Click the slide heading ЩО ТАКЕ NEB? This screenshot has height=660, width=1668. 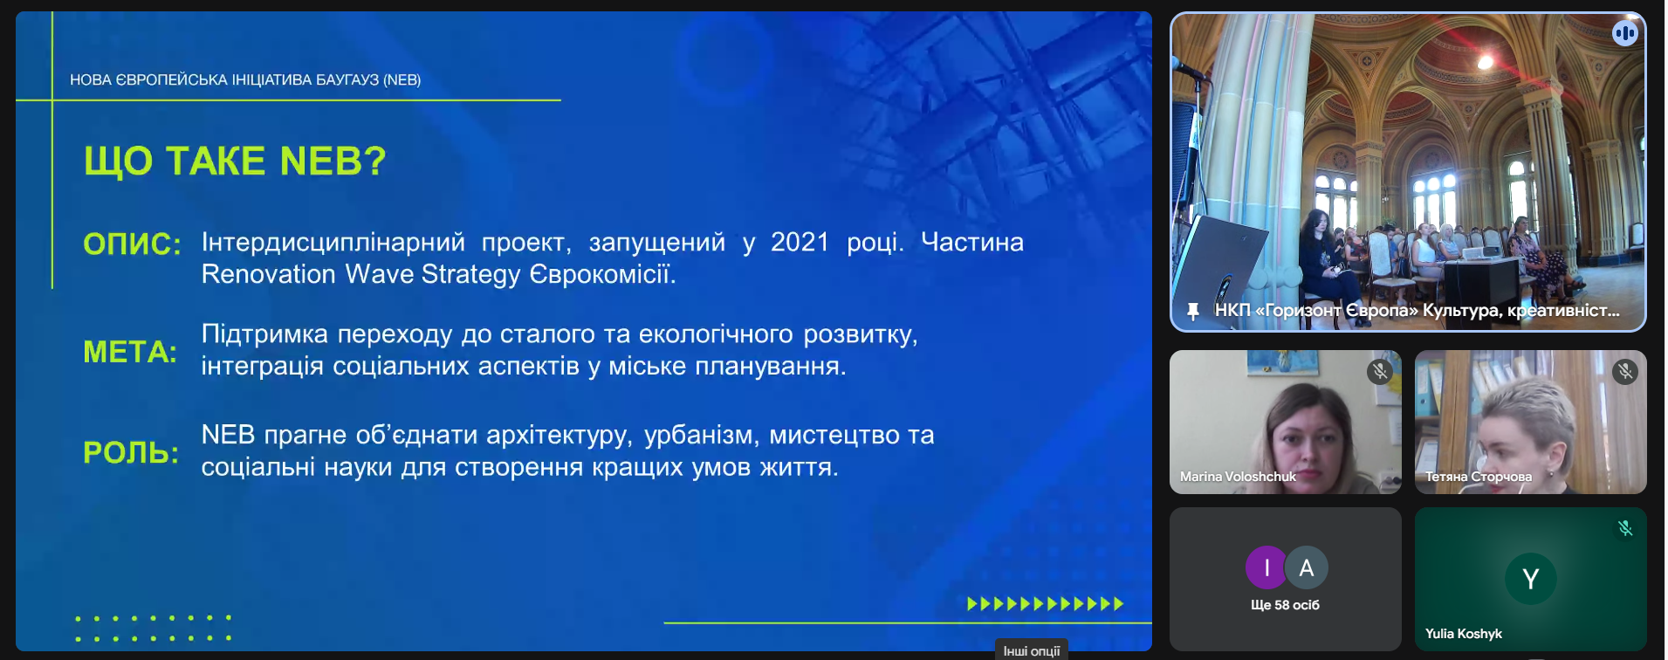coord(235,162)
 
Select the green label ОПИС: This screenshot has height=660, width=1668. coord(132,244)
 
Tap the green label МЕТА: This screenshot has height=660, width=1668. coord(130,352)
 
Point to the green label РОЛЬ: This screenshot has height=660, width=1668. coord(131,452)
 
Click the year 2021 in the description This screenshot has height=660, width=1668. coord(800,242)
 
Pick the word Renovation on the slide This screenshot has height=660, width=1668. coord(269,274)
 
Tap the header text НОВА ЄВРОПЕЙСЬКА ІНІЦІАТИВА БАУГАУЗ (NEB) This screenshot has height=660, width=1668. coord(245,79)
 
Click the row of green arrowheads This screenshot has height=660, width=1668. coord(1046,603)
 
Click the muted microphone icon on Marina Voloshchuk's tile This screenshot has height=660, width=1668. coord(1379,372)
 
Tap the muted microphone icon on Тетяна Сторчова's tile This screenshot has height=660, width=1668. coord(1624,372)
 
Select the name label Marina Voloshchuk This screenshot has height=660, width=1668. coord(1238,477)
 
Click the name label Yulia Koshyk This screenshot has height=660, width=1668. coord(1464,634)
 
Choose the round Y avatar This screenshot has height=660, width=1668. coord(1530,578)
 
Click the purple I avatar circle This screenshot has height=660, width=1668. coord(1266,567)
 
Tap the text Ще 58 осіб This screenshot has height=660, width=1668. coord(1285,605)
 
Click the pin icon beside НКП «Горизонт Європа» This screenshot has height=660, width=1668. coord(1192,311)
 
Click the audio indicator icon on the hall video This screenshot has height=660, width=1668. coord(1624,33)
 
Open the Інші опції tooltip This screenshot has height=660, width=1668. coord(1032,650)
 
